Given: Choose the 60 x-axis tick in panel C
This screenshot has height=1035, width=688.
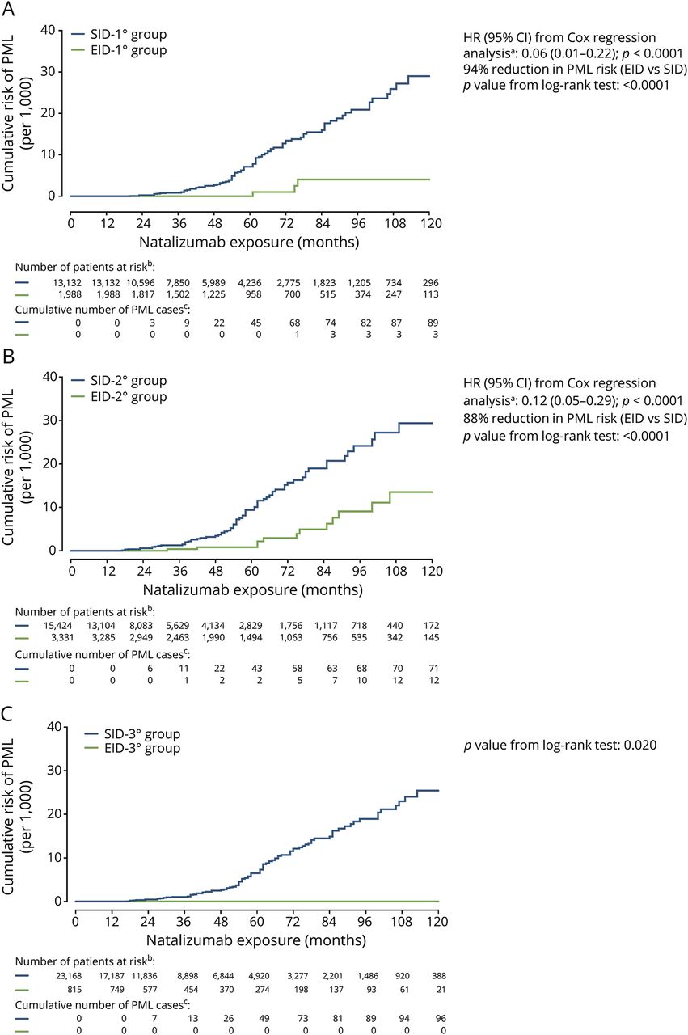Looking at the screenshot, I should click(x=256, y=923).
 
